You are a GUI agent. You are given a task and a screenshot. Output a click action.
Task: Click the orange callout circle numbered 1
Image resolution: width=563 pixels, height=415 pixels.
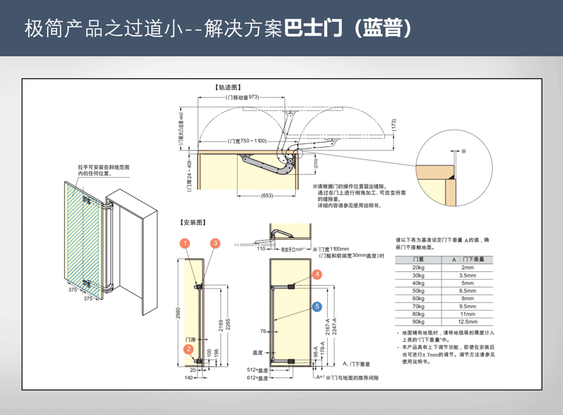(x=186, y=243)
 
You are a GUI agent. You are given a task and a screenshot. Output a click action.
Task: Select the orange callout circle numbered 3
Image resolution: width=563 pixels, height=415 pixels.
(x=215, y=243)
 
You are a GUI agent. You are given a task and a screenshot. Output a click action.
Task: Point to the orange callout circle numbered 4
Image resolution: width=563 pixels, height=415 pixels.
(x=318, y=274)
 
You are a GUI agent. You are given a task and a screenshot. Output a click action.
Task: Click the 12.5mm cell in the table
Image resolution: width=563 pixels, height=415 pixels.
(x=467, y=322)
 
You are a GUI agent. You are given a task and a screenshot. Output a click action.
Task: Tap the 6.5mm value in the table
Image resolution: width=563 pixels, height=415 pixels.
(x=467, y=291)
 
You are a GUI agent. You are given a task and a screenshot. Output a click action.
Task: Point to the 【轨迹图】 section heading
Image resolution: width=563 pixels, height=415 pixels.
(x=227, y=88)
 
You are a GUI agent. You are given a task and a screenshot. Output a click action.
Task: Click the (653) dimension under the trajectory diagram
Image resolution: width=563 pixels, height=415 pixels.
(x=267, y=196)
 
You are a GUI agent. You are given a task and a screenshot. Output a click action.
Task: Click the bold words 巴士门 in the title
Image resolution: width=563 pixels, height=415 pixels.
(x=312, y=29)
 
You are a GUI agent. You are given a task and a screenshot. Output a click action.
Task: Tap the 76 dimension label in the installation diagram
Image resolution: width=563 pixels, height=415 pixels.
(x=263, y=331)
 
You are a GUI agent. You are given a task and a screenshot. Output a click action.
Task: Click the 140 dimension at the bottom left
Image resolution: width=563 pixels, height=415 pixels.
(x=189, y=378)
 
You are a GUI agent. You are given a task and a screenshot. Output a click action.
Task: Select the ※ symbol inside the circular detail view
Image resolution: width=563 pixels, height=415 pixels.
(x=464, y=151)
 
